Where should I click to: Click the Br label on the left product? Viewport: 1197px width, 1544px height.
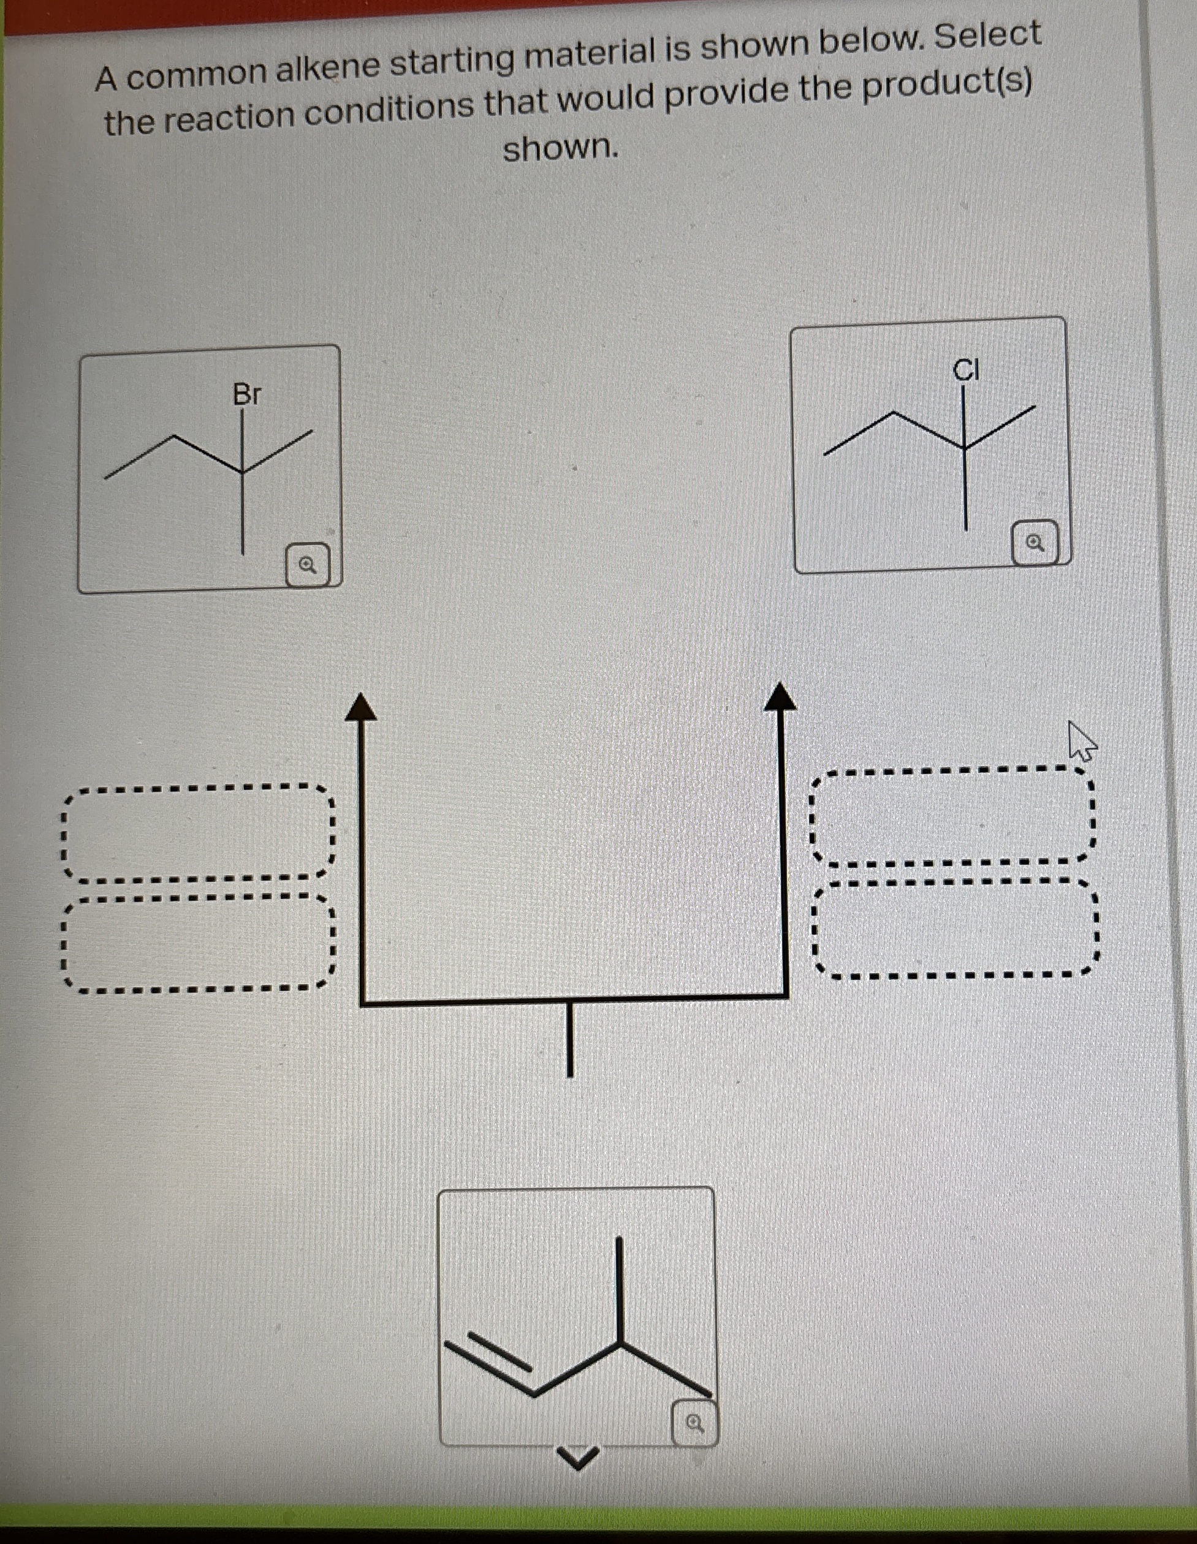pyautogui.click(x=247, y=394)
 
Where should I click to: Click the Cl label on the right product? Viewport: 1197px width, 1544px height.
pyautogui.click(x=966, y=369)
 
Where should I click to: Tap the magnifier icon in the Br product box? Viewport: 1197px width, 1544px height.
pyautogui.click(x=308, y=565)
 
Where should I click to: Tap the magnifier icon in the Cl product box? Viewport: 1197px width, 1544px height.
pyautogui.click(x=1035, y=543)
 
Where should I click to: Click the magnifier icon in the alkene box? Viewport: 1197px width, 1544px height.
pyautogui.click(x=694, y=1422)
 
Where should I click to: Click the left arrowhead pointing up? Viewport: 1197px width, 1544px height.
pyautogui.click(x=361, y=707)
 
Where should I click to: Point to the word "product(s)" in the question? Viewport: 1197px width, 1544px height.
pyautogui.click(x=948, y=86)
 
